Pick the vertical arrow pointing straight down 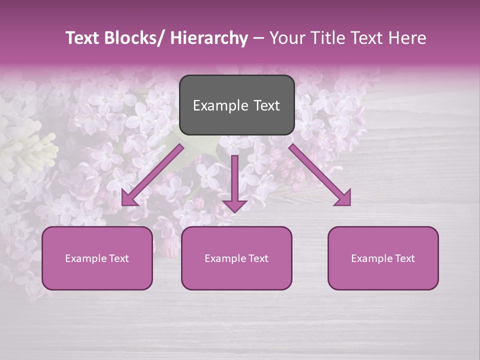tap(234, 182)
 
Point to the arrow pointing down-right tap(320, 175)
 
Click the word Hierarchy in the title tap(208, 38)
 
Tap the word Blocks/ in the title tap(134, 38)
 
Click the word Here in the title tap(407, 38)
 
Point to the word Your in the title tap(287, 38)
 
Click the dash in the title tap(258, 38)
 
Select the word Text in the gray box tap(265, 105)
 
